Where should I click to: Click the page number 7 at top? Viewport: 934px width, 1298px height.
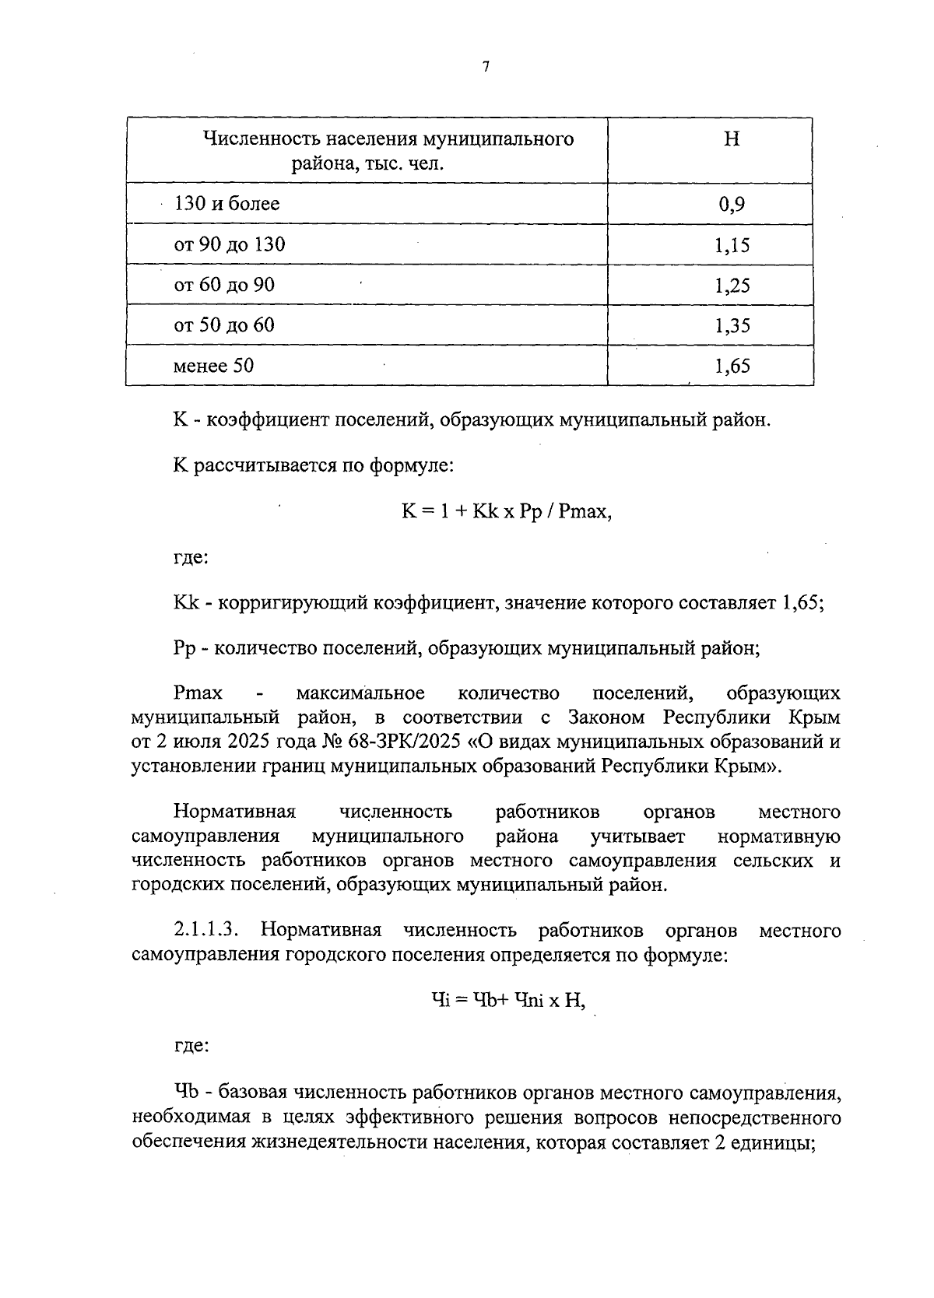click(x=486, y=68)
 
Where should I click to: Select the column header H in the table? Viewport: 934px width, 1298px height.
click(x=732, y=140)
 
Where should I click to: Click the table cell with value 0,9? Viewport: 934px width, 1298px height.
click(x=732, y=205)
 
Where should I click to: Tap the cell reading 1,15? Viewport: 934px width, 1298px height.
click(x=732, y=245)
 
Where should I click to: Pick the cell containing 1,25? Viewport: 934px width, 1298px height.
click(x=732, y=285)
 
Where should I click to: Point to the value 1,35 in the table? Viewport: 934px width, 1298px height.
click(x=732, y=325)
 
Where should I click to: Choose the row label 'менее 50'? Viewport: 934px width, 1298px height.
click(x=213, y=366)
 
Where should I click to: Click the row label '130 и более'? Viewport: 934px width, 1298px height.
click(x=226, y=205)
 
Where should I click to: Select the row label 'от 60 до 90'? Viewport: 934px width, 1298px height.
click(x=224, y=285)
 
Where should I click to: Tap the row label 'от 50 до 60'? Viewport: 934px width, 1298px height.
click(x=224, y=325)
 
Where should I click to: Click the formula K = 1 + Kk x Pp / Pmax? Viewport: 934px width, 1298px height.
click(x=507, y=512)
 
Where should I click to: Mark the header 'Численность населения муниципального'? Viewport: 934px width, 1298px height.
click(x=388, y=140)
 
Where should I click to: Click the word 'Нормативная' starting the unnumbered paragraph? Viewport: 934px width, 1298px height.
click(x=234, y=812)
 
